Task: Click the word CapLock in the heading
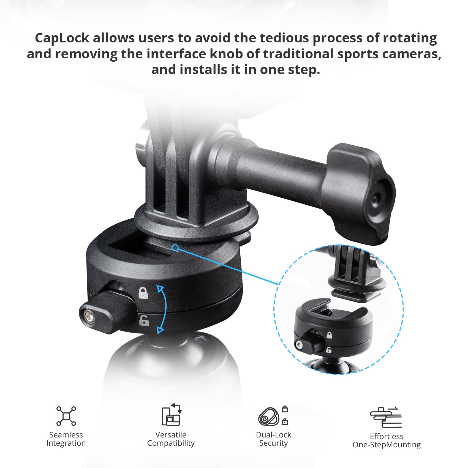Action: coord(62,38)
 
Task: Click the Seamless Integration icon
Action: coord(66,416)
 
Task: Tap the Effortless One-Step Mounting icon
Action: coord(386,417)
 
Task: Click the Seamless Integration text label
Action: coord(66,439)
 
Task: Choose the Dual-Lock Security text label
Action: coord(273,439)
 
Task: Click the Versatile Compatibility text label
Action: coord(171,439)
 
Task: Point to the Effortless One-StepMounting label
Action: coord(387,440)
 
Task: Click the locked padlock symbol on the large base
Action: coord(143,293)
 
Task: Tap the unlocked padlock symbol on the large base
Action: coord(144,321)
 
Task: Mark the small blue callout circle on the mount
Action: coord(175,247)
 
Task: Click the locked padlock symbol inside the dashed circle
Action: coord(329,335)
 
